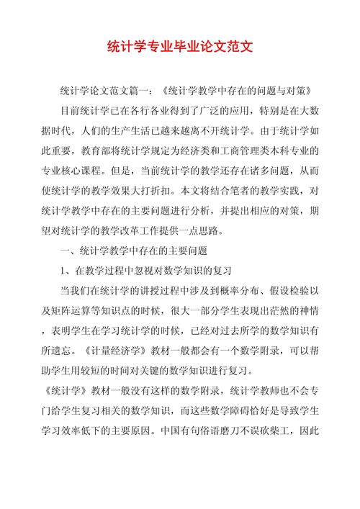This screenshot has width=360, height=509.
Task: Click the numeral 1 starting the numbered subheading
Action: (x=63, y=271)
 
